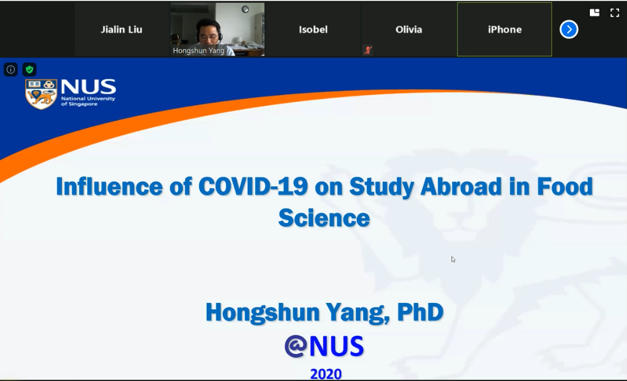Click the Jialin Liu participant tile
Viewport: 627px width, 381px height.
pos(122,29)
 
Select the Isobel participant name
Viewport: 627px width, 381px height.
pos(313,30)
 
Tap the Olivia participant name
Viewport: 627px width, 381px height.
pos(408,30)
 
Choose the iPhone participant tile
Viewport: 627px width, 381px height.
pos(504,29)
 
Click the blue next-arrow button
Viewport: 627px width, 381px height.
pos(569,29)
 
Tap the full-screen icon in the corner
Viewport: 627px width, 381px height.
pos(615,13)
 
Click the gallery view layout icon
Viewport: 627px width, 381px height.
pos(595,13)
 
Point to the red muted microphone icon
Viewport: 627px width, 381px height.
pos(368,50)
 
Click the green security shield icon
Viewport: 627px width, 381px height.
pos(29,70)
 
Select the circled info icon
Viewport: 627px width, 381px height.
pos(11,70)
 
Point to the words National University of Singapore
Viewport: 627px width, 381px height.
pos(88,101)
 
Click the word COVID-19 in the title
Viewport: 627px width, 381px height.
pos(253,186)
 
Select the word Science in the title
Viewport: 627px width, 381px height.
pos(324,218)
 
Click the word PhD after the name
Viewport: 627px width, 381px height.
pos(420,312)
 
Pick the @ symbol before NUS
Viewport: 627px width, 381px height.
pos(296,346)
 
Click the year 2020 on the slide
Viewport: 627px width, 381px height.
pos(326,374)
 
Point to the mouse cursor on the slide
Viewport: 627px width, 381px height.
pos(453,259)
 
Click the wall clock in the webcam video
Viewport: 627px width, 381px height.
pos(245,9)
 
